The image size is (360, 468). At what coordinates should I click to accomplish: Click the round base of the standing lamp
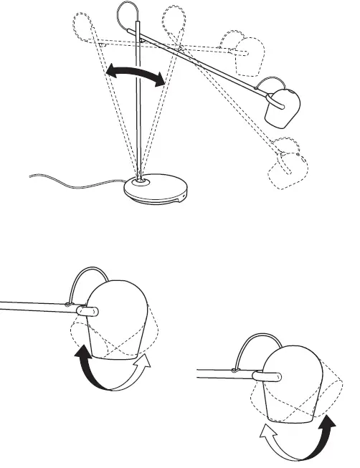pos(157,192)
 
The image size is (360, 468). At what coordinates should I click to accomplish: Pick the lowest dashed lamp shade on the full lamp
pos(287,172)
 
